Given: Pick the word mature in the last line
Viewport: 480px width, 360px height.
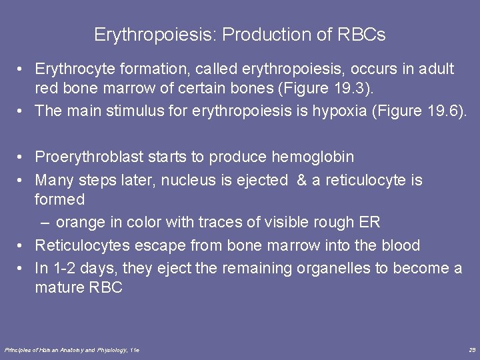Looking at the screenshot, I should tap(59, 288).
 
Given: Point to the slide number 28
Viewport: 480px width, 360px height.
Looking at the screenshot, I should tap(472, 349).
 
